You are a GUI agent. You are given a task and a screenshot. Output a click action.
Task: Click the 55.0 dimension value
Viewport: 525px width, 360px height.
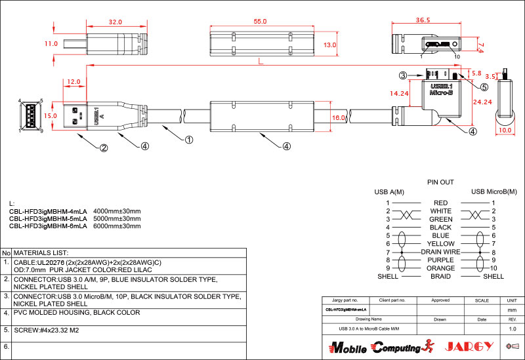260,22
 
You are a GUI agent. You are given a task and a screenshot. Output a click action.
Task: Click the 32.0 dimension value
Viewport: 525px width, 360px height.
115,22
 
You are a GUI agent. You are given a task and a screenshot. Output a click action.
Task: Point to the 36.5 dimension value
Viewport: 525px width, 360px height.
423,20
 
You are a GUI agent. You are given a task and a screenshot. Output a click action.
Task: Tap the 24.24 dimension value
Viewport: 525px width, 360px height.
482,102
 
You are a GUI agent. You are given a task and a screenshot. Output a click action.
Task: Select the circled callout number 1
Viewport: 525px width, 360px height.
188,139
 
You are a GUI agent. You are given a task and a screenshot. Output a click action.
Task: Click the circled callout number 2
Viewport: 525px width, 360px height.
103,148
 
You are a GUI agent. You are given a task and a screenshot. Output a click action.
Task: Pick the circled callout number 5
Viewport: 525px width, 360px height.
484,87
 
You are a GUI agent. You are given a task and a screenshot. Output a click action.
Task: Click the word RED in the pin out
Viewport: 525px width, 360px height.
441,203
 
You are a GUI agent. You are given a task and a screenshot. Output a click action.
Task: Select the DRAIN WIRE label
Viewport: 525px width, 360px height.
440,252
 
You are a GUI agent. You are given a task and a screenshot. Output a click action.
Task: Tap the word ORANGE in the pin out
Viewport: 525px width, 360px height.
441,268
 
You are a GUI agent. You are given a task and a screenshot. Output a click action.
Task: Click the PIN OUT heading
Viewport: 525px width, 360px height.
440,182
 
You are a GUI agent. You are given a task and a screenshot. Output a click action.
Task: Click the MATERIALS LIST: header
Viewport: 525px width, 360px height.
41,252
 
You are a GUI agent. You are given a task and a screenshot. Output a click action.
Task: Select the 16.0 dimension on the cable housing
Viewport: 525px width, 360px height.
339,118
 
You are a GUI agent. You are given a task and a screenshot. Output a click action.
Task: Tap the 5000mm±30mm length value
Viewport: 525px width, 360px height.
117,218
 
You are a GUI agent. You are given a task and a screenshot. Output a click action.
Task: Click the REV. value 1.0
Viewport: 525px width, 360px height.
513,328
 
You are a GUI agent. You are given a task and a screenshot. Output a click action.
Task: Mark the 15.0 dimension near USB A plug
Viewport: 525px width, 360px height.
50,115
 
